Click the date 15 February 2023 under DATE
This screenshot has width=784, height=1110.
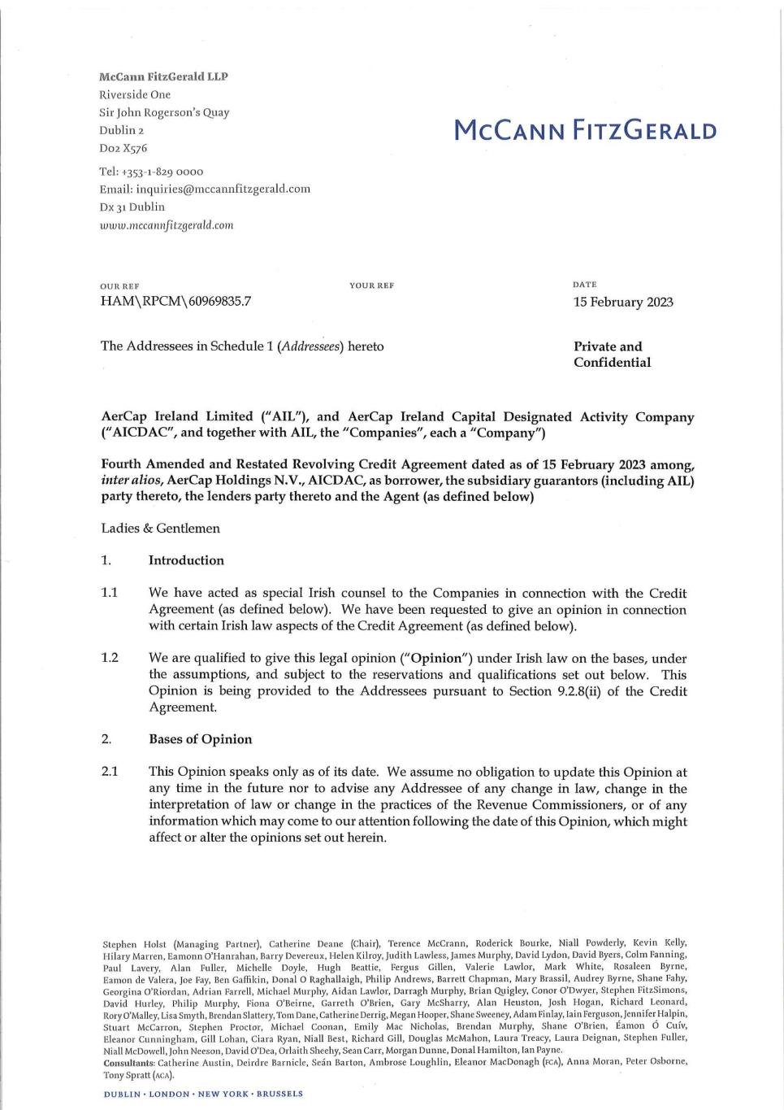tap(623, 302)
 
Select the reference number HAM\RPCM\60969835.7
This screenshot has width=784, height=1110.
tap(175, 301)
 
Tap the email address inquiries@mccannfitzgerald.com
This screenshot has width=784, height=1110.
tap(223, 189)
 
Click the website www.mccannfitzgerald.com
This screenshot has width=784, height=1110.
tap(166, 225)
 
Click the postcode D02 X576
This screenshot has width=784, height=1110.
tap(123, 148)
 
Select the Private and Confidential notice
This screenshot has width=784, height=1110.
tap(612, 355)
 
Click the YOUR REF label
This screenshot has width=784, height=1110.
tap(371, 285)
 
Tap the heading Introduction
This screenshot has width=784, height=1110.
tap(186, 560)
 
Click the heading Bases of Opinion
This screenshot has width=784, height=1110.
tap(200, 739)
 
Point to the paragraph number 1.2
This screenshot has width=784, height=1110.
tap(110, 658)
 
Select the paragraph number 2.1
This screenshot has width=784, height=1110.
tap(110, 772)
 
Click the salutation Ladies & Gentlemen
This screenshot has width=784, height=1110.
tap(160, 528)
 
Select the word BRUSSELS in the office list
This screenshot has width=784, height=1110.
tap(279, 1094)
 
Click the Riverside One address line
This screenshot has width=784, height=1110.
tap(135, 94)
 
